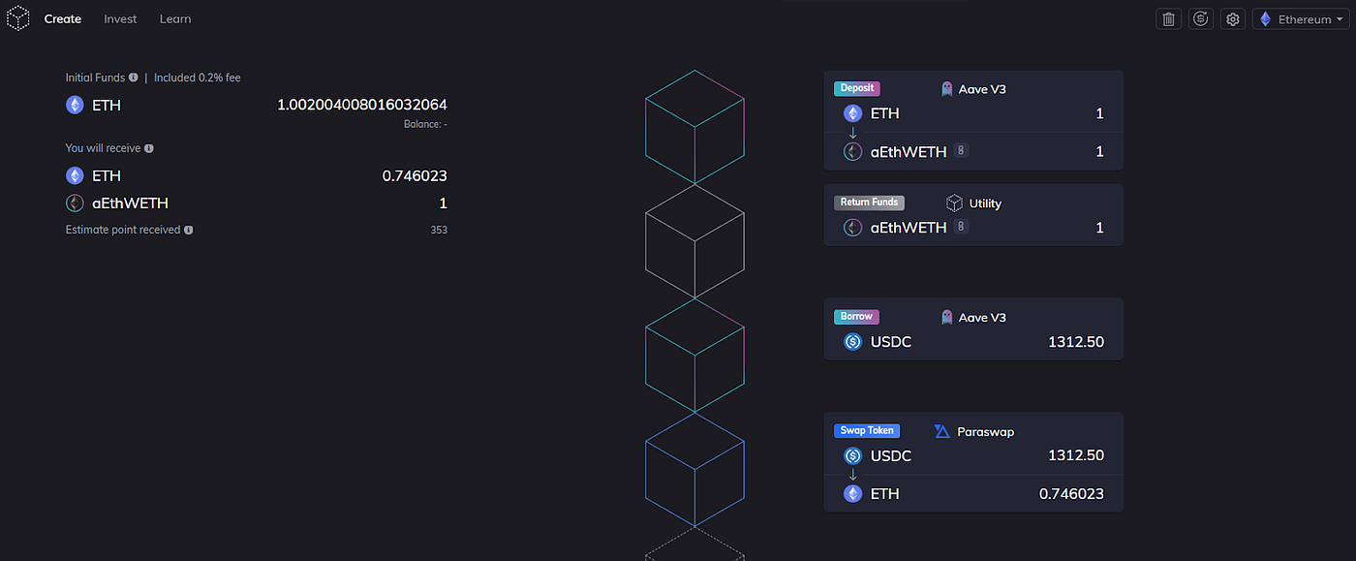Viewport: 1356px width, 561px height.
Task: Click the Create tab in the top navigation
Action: pos(63,18)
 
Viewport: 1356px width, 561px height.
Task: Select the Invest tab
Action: pos(120,18)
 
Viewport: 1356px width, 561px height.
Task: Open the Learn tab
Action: pos(175,18)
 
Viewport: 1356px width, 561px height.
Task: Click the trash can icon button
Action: pos(1169,18)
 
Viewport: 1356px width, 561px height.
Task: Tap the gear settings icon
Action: pos(1232,18)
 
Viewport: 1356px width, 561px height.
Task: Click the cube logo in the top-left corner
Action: pos(18,18)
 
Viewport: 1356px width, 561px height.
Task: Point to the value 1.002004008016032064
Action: pos(361,105)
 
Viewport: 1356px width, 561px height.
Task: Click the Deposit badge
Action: pos(857,88)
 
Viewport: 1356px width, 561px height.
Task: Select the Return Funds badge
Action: pos(869,203)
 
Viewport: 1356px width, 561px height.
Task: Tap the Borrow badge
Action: pos(857,317)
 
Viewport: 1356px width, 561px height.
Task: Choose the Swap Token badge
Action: pos(867,430)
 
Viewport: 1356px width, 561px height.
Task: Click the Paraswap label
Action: pos(984,431)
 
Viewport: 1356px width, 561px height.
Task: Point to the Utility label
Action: pos(985,203)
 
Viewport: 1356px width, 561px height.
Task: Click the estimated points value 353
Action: pos(439,231)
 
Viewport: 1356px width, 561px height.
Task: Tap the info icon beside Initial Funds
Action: pos(132,78)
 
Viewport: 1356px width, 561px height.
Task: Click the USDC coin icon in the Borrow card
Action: pos(853,341)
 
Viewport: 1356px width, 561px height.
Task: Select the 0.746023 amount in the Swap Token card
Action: pos(1071,494)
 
